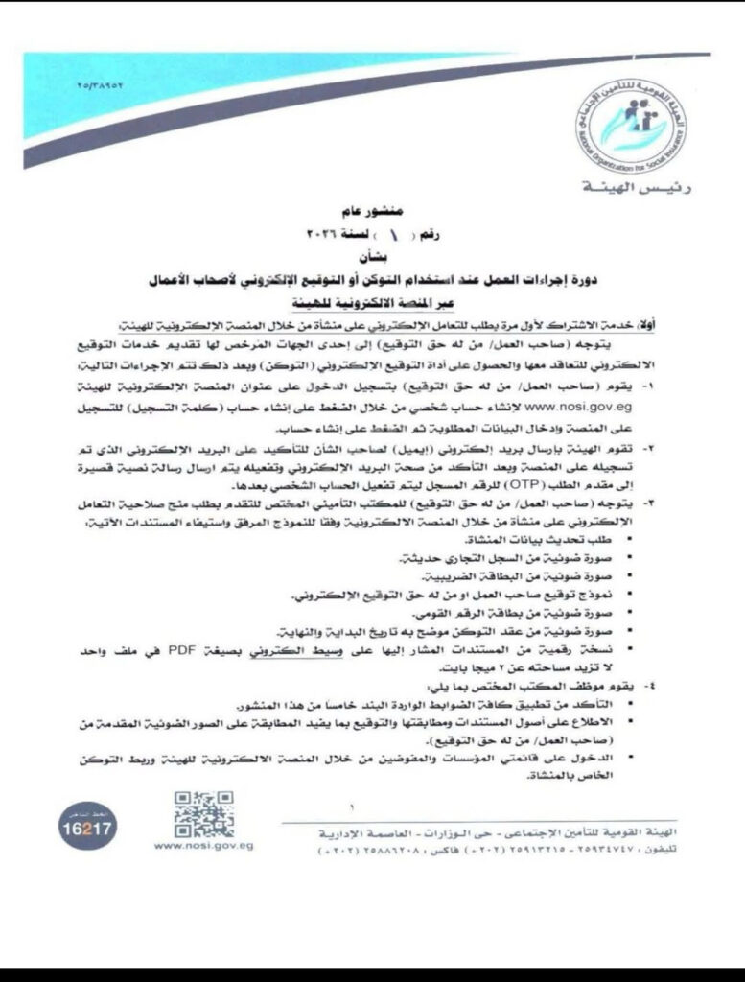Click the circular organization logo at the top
pyautogui.click(x=634, y=124)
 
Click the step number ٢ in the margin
pyautogui.click(x=698, y=446)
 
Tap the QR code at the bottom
pyautogui.click(x=203, y=815)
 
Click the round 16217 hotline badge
pyautogui.click(x=86, y=826)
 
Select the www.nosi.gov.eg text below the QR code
pyautogui.click(x=203, y=847)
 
